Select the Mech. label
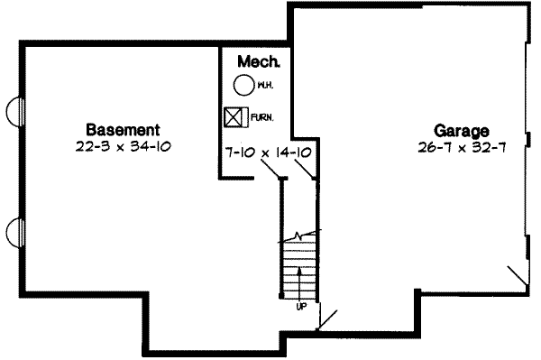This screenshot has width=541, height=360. click(259, 62)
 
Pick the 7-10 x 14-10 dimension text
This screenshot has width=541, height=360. click(269, 152)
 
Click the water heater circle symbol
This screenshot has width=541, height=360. click(243, 86)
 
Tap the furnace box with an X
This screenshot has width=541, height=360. click(234, 117)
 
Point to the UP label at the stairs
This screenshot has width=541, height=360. click(300, 306)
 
